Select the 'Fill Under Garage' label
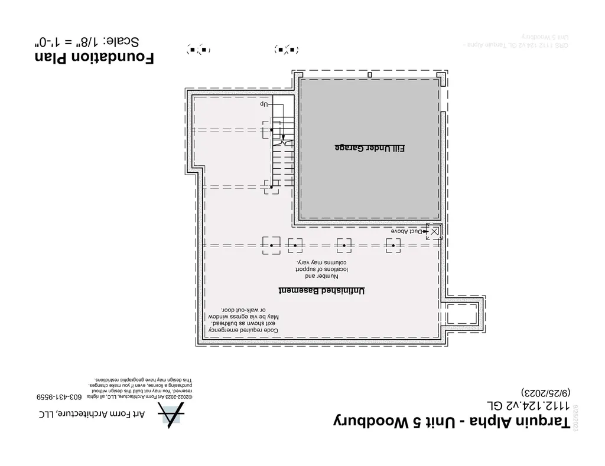tap(370, 148)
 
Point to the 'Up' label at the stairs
tap(264, 104)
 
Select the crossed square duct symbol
tap(434, 231)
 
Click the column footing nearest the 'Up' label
tap(272, 129)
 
